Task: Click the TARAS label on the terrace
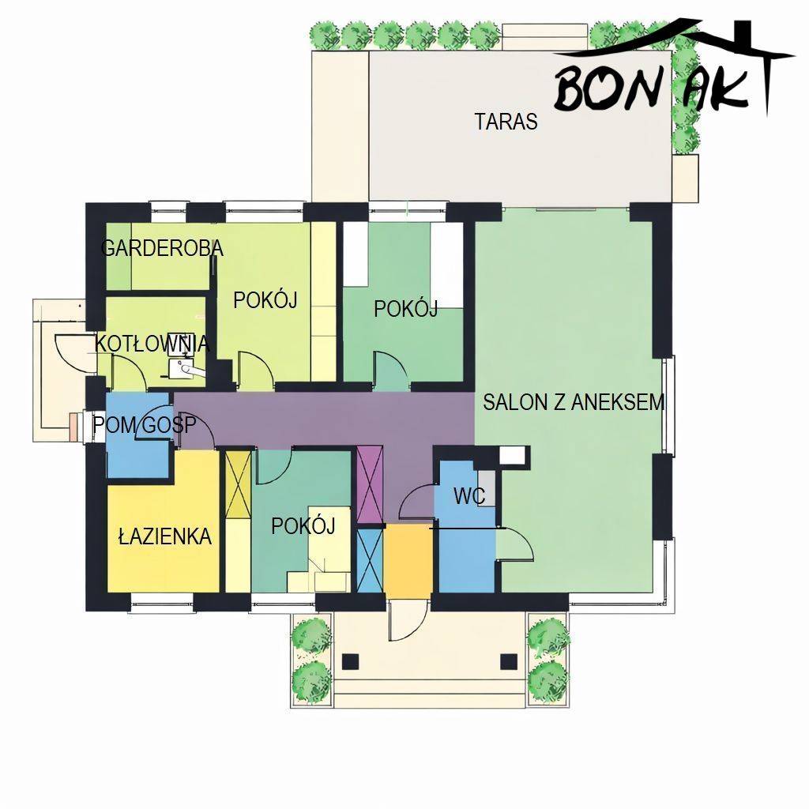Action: point(506,121)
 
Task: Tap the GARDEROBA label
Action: point(162,248)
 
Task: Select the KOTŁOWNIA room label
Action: point(152,344)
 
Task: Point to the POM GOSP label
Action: point(145,424)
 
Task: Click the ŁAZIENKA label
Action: point(165,536)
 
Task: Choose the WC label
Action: point(469,496)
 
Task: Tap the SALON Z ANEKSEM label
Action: point(574,402)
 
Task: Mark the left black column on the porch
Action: point(350,661)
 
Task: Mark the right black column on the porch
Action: point(509,661)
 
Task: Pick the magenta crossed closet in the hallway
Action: point(370,484)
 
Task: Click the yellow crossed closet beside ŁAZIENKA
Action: point(239,485)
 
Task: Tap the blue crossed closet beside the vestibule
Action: point(370,561)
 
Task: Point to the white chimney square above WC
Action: point(514,456)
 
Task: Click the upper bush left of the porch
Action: point(310,632)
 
